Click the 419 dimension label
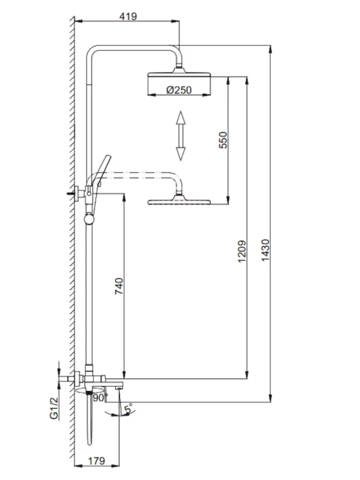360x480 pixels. pos(128,16)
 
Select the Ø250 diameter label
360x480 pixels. pos(179,90)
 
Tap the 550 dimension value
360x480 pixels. pos(223,140)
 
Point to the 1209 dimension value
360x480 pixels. pos(242,251)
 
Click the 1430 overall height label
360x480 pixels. pos(265,250)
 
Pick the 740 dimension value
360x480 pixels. pos(119,286)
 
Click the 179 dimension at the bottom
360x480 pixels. pos(97,461)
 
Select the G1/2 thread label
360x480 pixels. pos(53,407)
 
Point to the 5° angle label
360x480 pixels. pos(129,408)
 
